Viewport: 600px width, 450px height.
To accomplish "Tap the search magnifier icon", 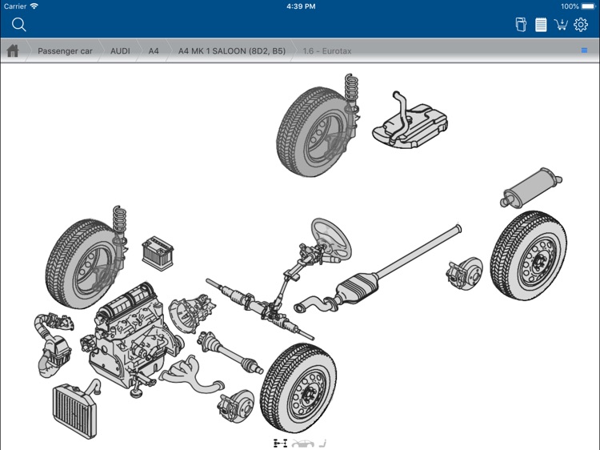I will click(19, 25).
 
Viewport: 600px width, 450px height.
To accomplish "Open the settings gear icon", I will click(581, 25).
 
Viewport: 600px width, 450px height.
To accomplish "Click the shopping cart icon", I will click(561, 25).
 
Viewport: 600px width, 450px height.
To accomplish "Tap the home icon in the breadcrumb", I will click(13, 50).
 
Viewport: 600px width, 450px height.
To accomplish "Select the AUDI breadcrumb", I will click(120, 50).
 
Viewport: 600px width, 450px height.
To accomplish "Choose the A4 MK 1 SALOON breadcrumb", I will click(231, 50).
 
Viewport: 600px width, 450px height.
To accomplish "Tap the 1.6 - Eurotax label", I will click(326, 50).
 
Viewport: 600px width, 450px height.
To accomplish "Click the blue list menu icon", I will click(584, 50).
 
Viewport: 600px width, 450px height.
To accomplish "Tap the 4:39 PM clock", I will click(300, 6).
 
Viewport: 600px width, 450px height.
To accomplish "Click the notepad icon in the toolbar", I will click(541, 25).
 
